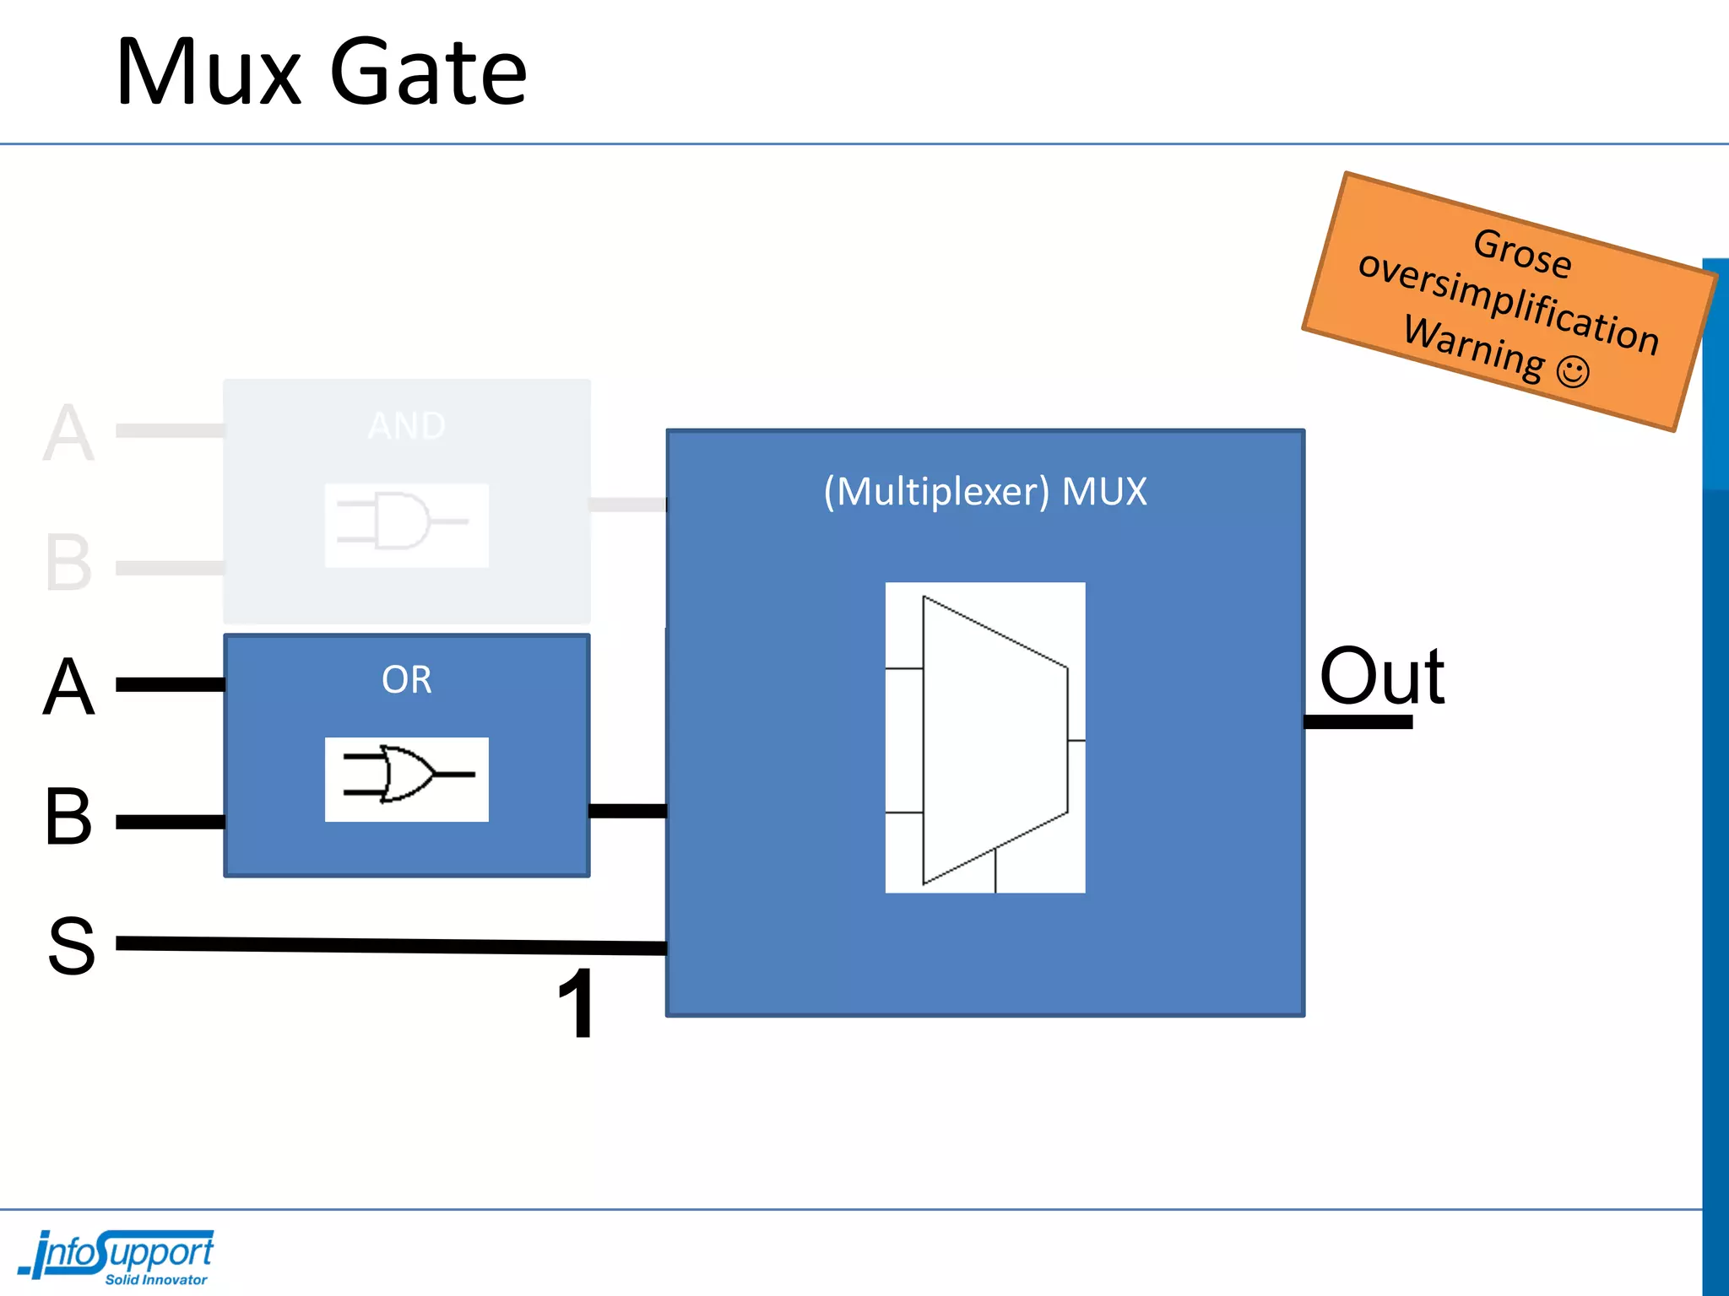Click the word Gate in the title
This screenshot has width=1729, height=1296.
428,74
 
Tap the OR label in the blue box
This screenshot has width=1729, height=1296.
406,680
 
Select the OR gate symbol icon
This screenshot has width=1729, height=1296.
406,779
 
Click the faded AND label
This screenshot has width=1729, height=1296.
406,426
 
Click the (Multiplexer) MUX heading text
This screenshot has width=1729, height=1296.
984,492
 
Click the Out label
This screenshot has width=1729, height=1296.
1381,677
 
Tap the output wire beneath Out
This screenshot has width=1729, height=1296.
1358,722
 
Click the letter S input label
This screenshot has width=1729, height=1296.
71,947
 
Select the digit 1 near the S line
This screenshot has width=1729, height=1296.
577,1004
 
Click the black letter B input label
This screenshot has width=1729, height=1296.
68,817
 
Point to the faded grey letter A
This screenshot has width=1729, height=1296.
68,434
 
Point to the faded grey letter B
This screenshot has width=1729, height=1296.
68,563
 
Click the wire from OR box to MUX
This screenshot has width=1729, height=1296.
627,811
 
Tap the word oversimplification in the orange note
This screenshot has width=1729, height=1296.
1508,302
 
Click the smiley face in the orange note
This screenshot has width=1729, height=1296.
1572,372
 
